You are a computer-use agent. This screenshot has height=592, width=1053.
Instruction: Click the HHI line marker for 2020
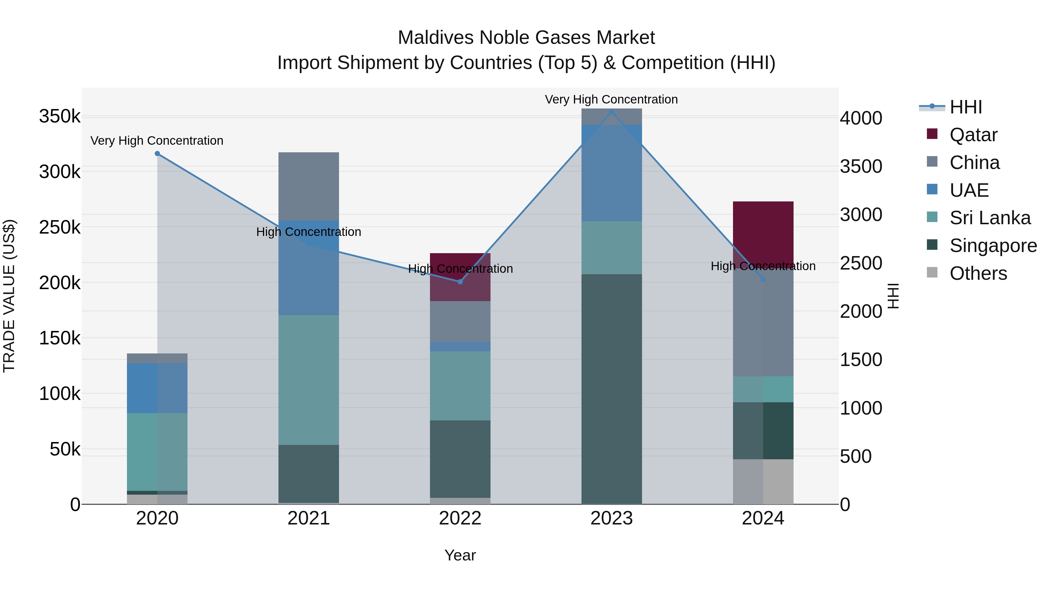(157, 153)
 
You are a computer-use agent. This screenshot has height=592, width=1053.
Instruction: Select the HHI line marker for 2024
(763, 279)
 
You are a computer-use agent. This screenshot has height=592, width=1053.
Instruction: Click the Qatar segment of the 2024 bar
(763, 229)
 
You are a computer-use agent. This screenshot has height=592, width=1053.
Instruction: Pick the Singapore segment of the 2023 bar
(612, 388)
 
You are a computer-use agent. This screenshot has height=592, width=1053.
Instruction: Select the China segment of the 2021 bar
(309, 186)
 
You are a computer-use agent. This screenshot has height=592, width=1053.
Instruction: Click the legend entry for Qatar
(973, 135)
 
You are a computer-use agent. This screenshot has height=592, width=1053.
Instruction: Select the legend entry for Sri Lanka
(989, 218)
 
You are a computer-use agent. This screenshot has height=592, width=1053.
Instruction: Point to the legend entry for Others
(978, 273)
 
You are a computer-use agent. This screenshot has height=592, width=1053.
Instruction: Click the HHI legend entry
(966, 107)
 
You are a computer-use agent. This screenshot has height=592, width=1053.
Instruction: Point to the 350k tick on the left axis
(60, 116)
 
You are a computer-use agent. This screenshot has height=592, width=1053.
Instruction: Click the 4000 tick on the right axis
(861, 118)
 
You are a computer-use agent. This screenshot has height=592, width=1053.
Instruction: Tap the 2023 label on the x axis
(612, 518)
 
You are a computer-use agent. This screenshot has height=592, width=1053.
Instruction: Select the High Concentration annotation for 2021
(309, 232)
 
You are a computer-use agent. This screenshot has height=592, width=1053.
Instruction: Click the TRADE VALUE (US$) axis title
(9, 296)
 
